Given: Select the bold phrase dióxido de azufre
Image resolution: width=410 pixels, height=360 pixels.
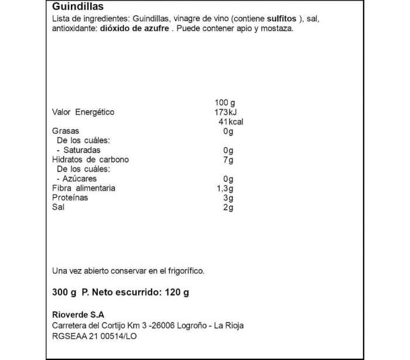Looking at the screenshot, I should tap(134, 29).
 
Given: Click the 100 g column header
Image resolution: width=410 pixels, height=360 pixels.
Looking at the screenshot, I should tap(224, 103).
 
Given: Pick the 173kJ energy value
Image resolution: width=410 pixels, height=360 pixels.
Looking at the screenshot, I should tap(225, 112).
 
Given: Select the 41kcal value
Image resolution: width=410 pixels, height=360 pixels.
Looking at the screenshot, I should tap(230, 122).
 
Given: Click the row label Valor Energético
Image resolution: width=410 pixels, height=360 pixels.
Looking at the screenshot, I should tap(83, 112).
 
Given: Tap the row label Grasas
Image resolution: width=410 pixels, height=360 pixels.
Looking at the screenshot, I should tap(66, 131).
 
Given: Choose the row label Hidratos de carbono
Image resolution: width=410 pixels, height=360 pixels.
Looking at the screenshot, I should tap(90, 159).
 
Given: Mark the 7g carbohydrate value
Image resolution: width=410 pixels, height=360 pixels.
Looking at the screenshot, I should tap(228, 159).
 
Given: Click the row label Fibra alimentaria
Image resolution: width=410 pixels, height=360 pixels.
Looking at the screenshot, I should tap(84, 188).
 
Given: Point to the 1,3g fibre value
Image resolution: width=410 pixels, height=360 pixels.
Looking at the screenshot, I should tap(225, 188).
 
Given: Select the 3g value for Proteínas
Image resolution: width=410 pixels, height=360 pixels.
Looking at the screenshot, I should tap(228, 198).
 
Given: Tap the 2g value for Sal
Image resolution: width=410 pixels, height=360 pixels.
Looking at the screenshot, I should tap(228, 207).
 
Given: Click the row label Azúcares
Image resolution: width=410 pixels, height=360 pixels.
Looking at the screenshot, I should tap(80, 179).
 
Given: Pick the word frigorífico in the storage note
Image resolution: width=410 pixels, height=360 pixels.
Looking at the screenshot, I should tap(183, 270).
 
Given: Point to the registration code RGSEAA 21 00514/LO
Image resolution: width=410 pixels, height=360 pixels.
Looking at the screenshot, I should tap(94, 337).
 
